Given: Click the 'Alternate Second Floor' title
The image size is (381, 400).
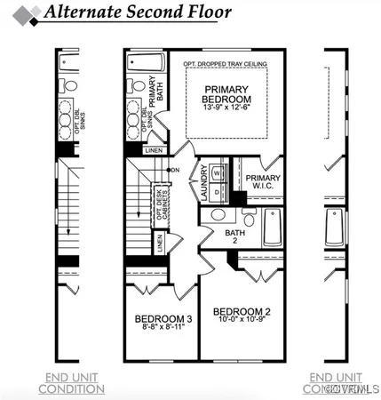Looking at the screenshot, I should click(x=139, y=13).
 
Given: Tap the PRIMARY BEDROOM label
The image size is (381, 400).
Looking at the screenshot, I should click(x=227, y=94).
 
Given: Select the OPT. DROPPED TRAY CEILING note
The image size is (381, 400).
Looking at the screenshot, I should click(x=226, y=64).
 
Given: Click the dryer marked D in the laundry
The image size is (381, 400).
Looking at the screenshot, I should click(x=218, y=191).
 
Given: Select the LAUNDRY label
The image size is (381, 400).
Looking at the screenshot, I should click(x=203, y=181).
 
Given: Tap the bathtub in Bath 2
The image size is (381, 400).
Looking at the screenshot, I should click(x=274, y=228).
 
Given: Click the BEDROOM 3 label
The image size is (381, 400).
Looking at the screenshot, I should click(x=163, y=319).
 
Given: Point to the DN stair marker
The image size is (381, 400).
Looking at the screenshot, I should click(x=175, y=170).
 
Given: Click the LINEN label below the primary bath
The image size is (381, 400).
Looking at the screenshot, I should click(x=152, y=151).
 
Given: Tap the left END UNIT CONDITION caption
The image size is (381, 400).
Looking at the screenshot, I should click(x=75, y=383).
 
